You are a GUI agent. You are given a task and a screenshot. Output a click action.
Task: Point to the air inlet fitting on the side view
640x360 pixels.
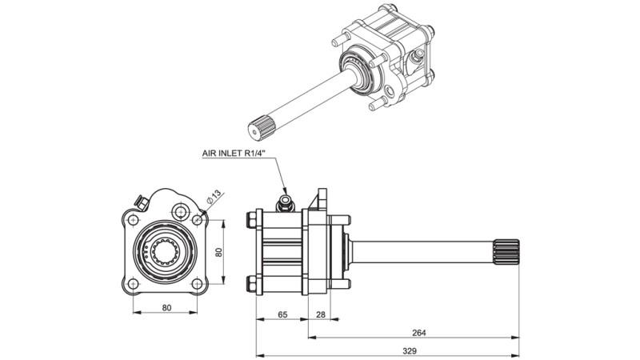283,202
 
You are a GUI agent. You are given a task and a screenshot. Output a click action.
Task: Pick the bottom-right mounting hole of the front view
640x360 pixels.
197,283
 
